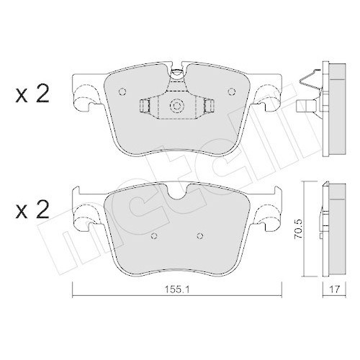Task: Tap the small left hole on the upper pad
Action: [121, 91]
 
